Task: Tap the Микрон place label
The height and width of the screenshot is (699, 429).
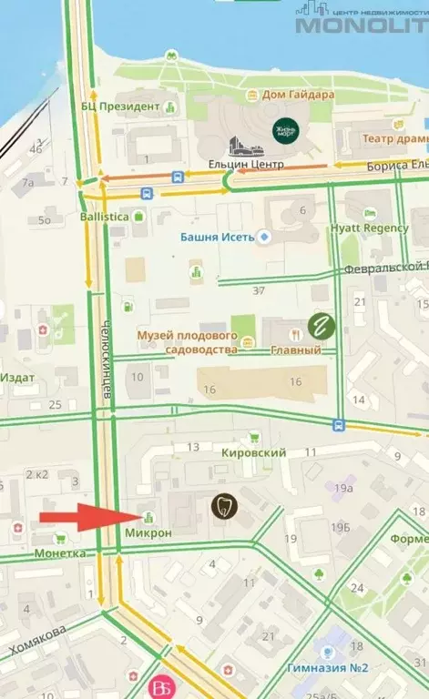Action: click(x=148, y=532)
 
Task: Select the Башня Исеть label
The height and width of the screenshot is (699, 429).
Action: click(x=218, y=237)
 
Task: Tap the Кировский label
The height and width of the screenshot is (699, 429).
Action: click(x=253, y=452)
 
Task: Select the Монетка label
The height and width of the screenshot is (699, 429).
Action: click(x=59, y=552)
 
